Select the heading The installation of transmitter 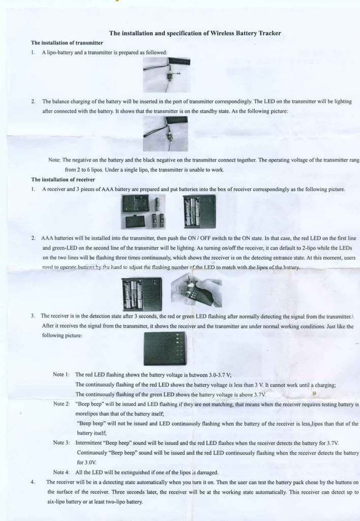(67, 43)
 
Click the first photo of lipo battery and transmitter (166, 74)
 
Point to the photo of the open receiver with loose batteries (143, 212)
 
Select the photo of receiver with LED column (165, 349)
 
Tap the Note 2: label (62, 404)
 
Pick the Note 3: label (62, 443)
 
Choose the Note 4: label (62, 472)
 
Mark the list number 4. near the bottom (33, 482)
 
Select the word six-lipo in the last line (59, 502)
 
